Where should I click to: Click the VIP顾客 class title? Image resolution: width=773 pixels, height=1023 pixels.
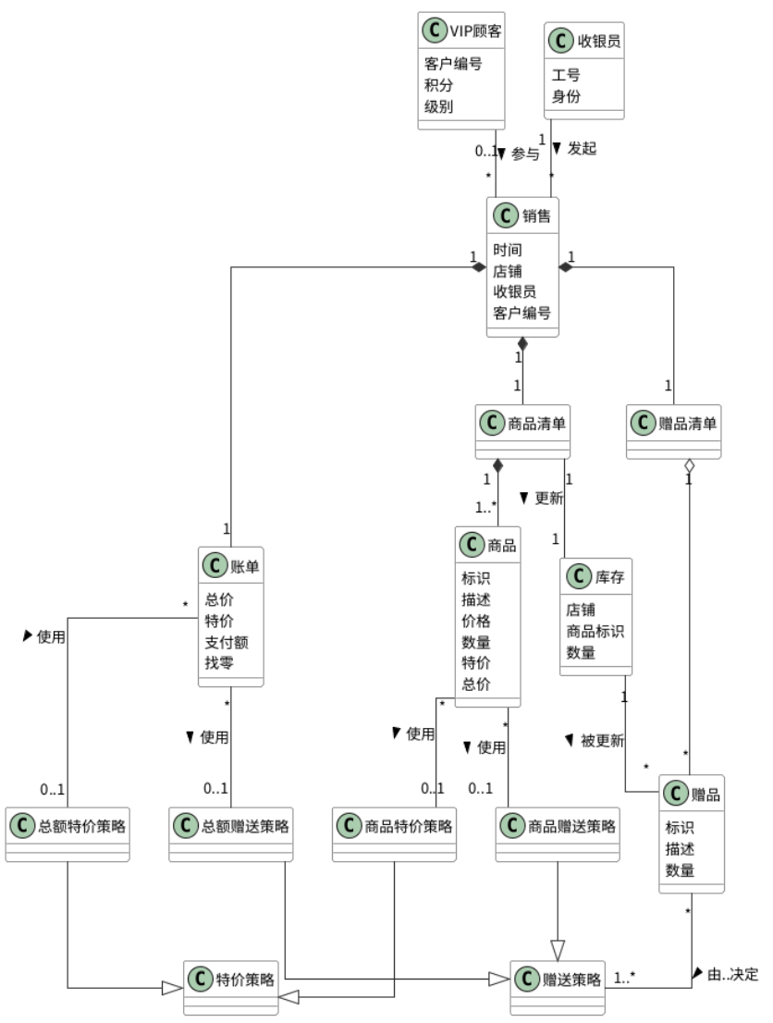[x=475, y=31]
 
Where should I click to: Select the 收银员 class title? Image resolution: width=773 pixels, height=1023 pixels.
[x=599, y=41]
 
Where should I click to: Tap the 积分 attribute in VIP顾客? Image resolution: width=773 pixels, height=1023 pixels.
[x=438, y=85]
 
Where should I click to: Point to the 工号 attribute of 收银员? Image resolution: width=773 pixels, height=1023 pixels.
[x=566, y=75]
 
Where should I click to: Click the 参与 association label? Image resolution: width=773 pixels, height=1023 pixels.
[x=525, y=154]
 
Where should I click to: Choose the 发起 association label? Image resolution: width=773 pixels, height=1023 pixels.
[x=582, y=148]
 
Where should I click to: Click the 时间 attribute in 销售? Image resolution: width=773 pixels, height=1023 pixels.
[x=508, y=250]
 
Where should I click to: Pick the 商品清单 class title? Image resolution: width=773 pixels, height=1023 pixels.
[x=537, y=424]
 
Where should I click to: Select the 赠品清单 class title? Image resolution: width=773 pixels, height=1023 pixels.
[x=688, y=424]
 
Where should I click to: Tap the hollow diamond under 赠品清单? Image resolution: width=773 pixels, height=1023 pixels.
[x=689, y=466]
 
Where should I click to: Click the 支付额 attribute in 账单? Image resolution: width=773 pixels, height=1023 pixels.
[x=227, y=642]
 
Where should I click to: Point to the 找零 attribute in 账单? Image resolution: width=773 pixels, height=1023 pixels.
[x=219, y=663]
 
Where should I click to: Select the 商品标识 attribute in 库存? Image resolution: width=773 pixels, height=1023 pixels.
[x=595, y=631]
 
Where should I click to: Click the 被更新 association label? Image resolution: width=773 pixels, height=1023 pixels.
[x=602, y=741]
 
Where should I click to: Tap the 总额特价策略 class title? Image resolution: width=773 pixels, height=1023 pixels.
[x=81, y=826]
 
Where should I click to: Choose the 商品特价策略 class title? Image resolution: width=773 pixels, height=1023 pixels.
[x=409, y=826]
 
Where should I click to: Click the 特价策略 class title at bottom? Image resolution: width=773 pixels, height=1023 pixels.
[x=245, y=980]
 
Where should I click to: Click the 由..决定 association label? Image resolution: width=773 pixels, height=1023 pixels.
[x=733, y=975]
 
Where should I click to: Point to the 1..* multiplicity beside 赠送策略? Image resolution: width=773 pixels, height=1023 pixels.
[x=624, y=978]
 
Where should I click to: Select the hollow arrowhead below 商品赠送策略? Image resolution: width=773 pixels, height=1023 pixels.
[x=557, y=950]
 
